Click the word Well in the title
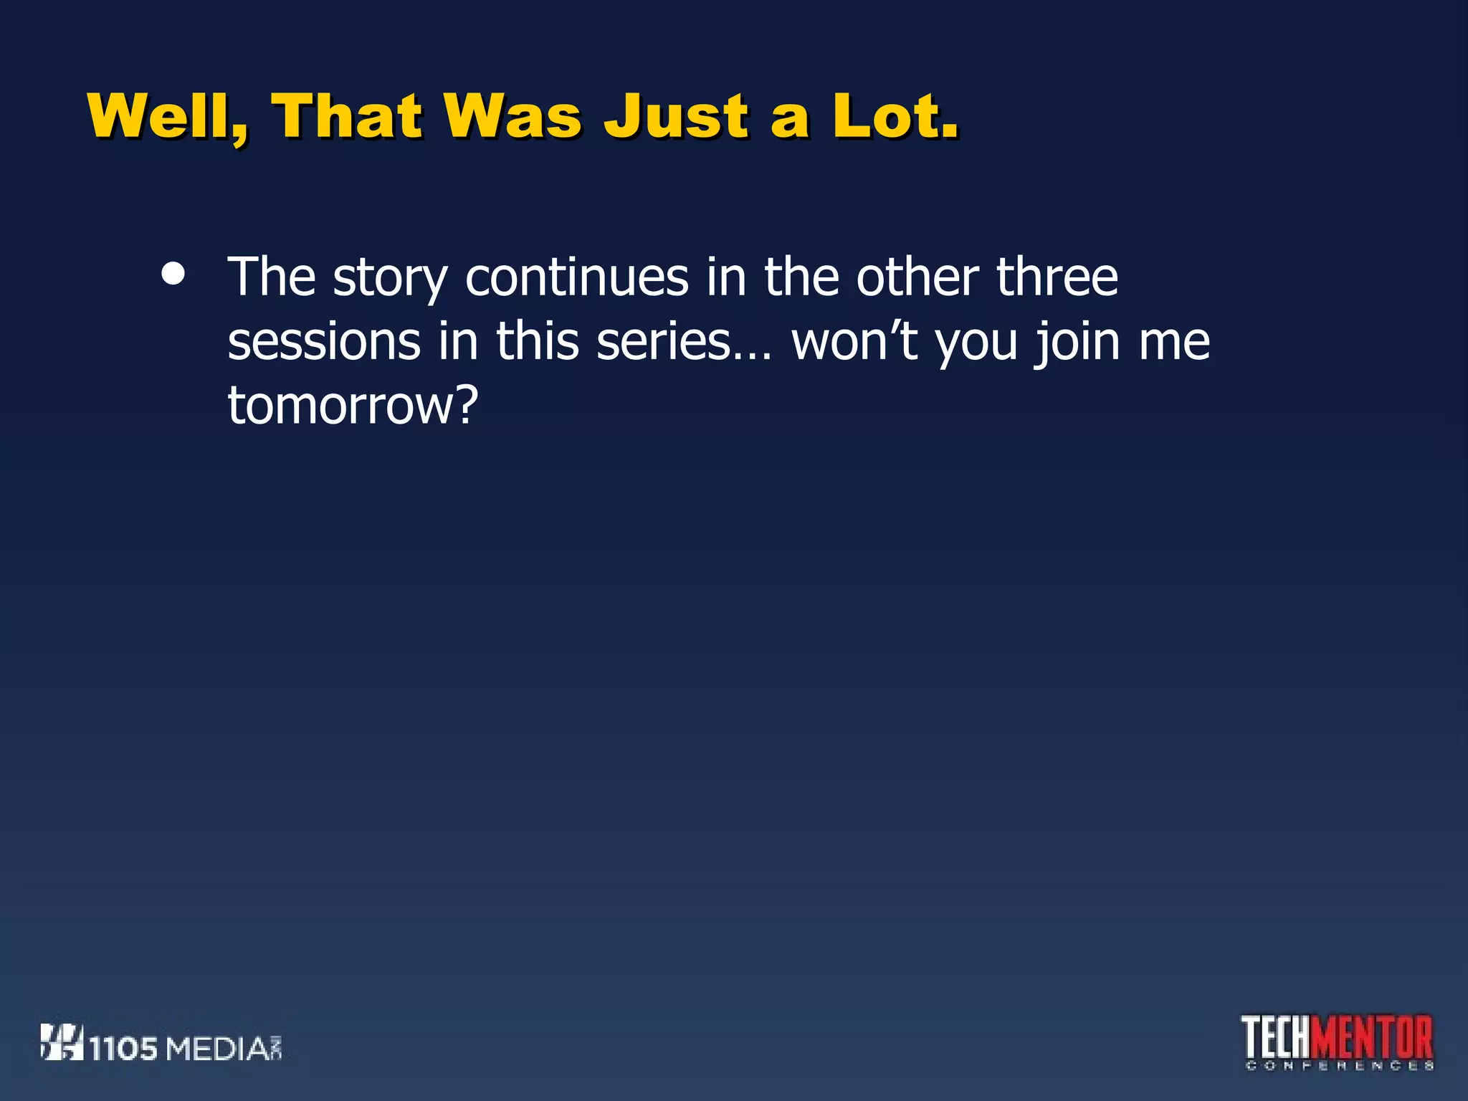click(168, 116)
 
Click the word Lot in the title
click(887, 116)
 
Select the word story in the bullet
click(390, 278)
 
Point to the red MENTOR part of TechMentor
click(1376, 1036)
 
